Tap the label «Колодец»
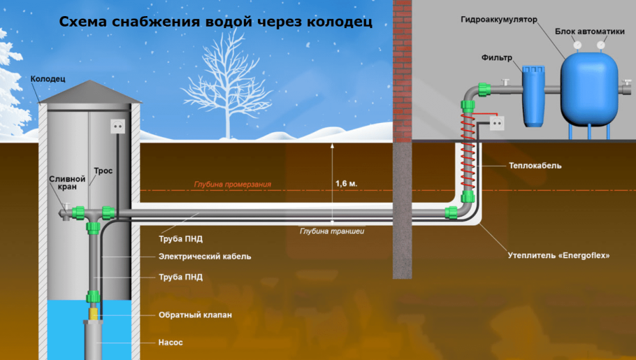(48, 80)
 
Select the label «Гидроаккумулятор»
(498, 20)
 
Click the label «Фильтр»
(497, 57)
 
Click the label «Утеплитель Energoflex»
(558, 256)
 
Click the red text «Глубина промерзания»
(232, 185)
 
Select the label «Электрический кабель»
(205, 257)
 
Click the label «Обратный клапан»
(195, 315)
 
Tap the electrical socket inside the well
(118, 127)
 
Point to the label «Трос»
(103, 171)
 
